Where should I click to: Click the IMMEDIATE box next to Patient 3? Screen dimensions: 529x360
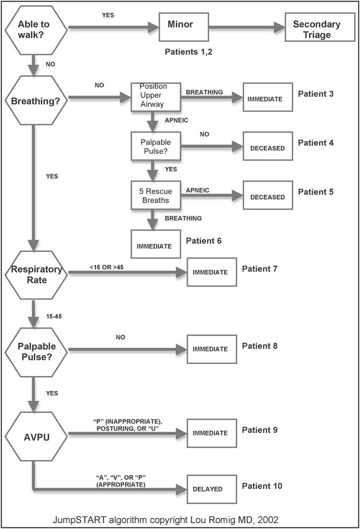[267, 97]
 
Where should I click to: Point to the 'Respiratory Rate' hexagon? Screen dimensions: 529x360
[35, 274]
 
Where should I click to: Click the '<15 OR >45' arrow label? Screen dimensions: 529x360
[106, 266]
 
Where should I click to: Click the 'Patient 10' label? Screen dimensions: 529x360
[262, 486]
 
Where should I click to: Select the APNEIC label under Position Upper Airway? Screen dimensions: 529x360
[176, 121]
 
